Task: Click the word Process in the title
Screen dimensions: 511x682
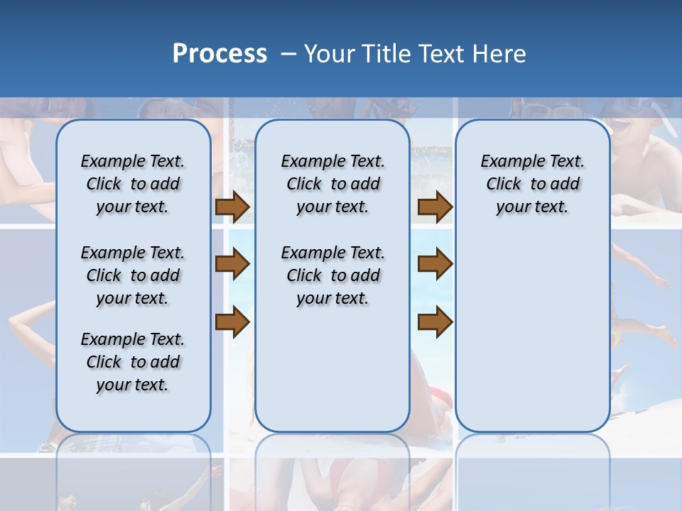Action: pyautogui.click(x=220, y=54)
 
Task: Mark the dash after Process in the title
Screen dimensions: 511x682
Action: pyautogui.click(x=288, y=55)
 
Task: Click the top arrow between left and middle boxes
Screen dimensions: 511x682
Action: pyautogui.click(x=232, y=207)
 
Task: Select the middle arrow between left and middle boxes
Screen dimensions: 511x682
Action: pyautogui.click(x=232, y=265)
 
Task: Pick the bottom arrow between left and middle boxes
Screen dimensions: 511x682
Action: pyautogui.click(x=232, y=322)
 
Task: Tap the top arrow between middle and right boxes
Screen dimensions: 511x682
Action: pyautogui.click(x=435, y=207)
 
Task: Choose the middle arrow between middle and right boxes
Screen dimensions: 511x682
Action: pyautogui.click(x=435, y=265)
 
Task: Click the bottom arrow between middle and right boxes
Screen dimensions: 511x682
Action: pyautogui.click(x=435, y=322)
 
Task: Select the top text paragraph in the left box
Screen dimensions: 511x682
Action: pyautogui.click(x=133, y=184)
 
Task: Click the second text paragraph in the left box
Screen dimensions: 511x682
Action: pyautogui.click(x=133, y=275)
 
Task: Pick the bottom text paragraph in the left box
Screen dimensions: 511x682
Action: pyautogui.click(x=133, y=362)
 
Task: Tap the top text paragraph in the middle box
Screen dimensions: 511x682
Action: pyautogui.click(x=332, y=184)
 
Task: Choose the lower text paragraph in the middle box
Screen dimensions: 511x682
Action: pyautogui.click(x=332, y=275)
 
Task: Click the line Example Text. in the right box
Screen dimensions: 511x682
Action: pyautogui.click(x=532, y=161)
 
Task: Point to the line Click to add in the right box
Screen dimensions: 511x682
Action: pyautogui.click(x=532, y=184)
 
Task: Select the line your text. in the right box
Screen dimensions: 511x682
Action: pyautogui.click(x=532, y=207)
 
